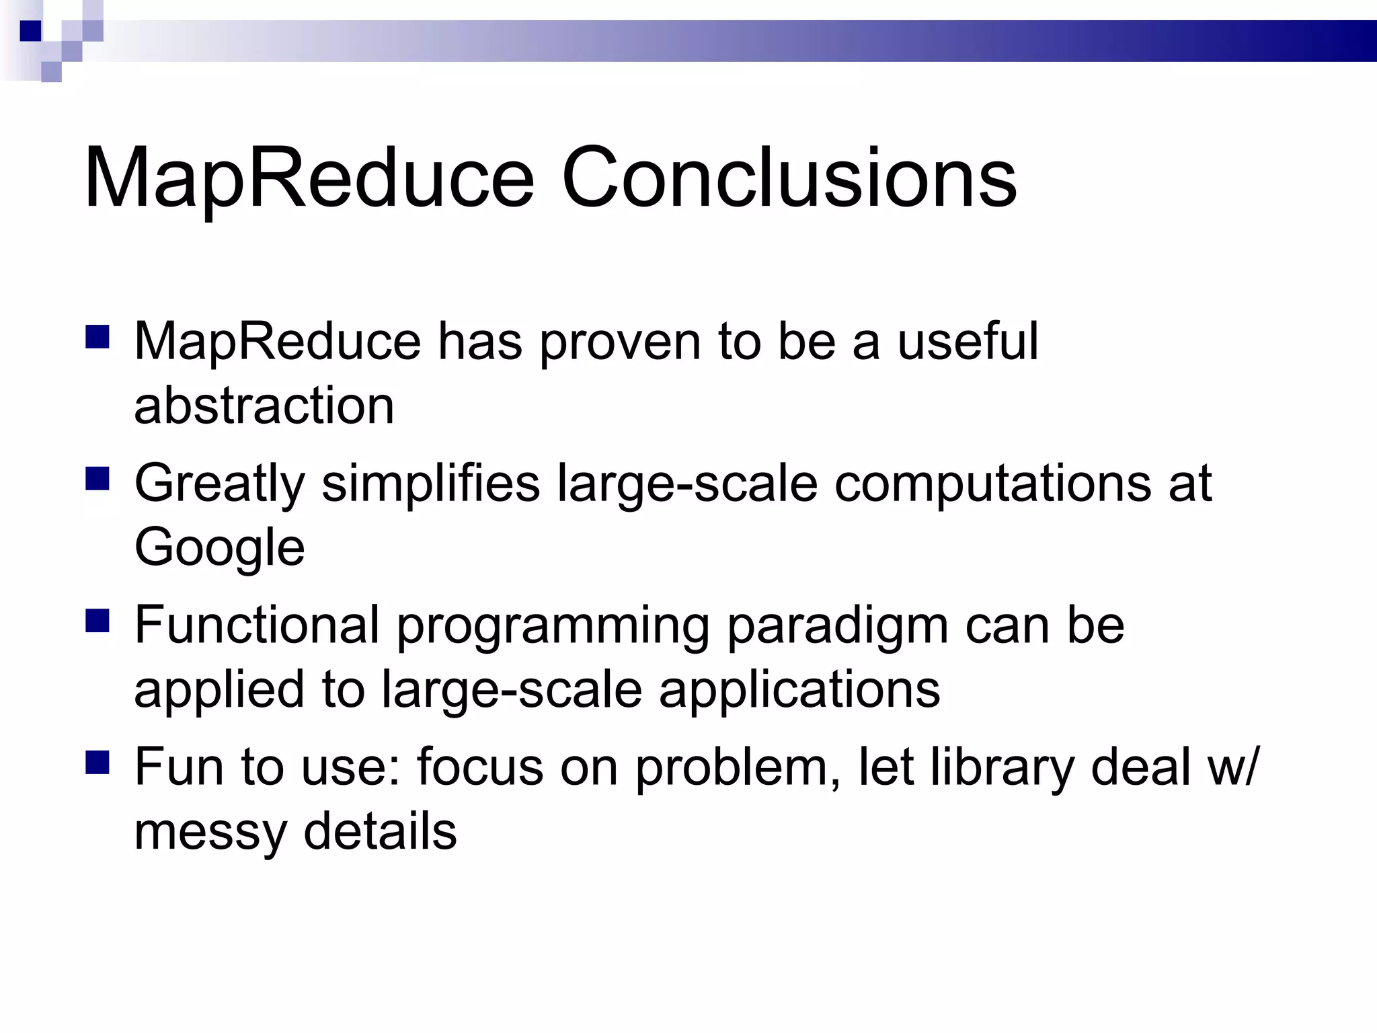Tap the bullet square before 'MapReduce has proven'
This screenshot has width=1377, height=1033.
tap(97, 337)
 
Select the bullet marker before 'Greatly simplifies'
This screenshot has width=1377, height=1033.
tap(97, 480)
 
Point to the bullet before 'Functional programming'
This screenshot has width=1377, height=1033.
tap(97, 621)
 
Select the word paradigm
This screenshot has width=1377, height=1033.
tap(838, 626)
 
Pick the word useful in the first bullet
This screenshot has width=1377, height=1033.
tap(968, 341)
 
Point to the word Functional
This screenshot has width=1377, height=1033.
tap(257, 625)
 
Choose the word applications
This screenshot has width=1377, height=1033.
tap(799, 691)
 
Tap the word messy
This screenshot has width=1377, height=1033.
tap(210, 833)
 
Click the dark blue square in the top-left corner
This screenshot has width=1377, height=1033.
tap(30, 31)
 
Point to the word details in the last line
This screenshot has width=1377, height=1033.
tap(380, 831)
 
